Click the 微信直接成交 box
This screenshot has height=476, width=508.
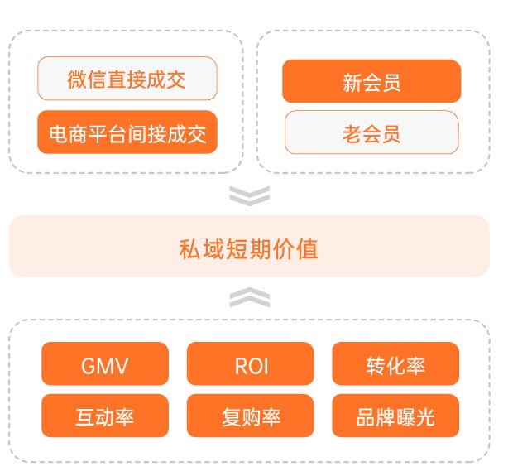click(x=127, y=79)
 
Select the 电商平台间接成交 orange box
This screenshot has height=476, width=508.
click(x=127, y=132)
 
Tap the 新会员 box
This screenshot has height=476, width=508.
click(x=371, y=82)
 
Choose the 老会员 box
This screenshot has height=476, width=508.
click(x=371, y=133)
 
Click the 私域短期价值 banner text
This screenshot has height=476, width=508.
click(x=249, y=248)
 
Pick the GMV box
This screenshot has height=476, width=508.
click(x=104, y=364)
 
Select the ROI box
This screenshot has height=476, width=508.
click(x=251, y=364)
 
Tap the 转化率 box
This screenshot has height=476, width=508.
click(x=395, y=364)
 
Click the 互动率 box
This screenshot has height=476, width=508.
click(x=104, y=416)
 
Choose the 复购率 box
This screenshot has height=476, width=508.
click(x=251, y=416)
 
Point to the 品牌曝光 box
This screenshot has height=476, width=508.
click(x=395, y=416)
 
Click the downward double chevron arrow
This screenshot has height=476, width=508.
click(x=249, y=195)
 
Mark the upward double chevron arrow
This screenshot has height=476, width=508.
click(x=249, y=298)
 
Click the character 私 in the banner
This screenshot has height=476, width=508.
click(x=189, y=248)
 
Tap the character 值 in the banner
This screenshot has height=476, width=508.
click(x=309, y=248)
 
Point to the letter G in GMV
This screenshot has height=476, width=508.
click(x=89, y=365)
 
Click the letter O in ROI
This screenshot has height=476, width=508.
click(x=251, y=365)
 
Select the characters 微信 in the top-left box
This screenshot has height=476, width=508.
click(x=87, y=80)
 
